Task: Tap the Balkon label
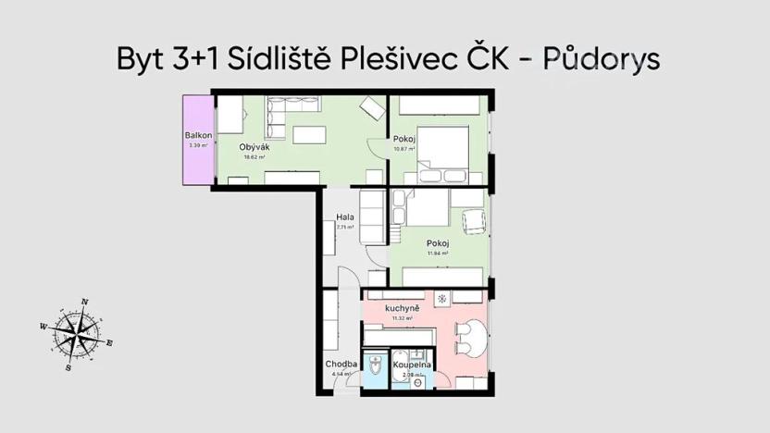coord(198,136)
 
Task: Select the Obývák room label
coord(254,148)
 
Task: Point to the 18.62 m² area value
coord(255,157)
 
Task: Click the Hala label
coord(345,217)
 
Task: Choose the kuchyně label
coord(403,307)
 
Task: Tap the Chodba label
coord(342,364)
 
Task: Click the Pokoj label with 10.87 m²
coord(404,140)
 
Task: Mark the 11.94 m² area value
coord(438,253)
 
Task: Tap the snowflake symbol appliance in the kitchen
coord(441,299)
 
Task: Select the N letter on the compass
coord(84,302)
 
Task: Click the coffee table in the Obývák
coord(309,135)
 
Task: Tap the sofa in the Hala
coord(372,217)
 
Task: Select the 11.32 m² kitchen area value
coord(403,317)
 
